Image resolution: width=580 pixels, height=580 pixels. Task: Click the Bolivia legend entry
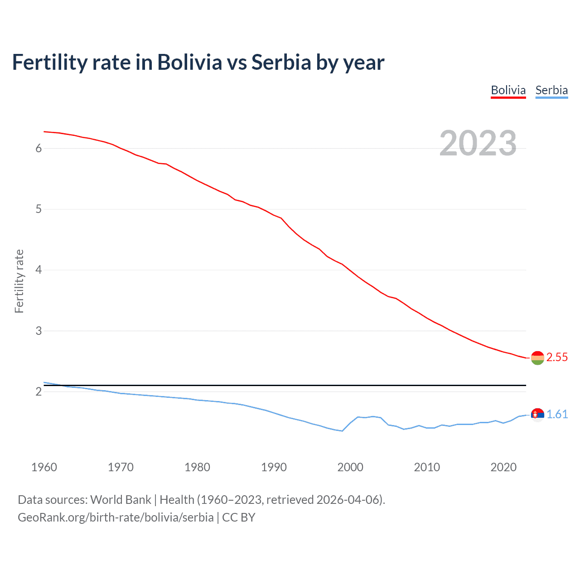[x=508, y=90]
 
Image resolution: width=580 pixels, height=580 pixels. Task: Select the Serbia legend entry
[x=551, y=90]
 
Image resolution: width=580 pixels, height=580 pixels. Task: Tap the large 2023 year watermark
[x=478, y=143]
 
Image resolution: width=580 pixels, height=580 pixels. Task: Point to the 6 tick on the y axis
[x=39, y=149]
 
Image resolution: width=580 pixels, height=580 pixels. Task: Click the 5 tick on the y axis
[x=39, y=209]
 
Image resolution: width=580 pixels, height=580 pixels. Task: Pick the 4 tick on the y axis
[x=39, y=270]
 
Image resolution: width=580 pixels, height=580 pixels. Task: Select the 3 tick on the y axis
[x=39, y=331]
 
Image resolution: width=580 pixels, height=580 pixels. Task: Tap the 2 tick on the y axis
[x=39, y=391]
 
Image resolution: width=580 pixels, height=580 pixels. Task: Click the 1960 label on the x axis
[x=44, y=467]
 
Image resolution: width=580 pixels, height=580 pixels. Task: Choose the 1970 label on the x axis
[x=121, y=467]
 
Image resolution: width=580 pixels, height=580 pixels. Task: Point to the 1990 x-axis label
[x=274, y=467]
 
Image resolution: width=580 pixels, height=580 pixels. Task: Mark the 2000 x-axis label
[x=350, y=467]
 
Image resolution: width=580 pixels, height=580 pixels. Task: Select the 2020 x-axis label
[x=503, y=467]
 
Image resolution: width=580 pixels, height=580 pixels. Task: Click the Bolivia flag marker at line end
[x=537, y=358]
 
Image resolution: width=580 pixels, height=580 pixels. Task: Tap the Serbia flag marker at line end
[x=537, y=415]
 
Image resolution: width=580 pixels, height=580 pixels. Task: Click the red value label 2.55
[x=557, y=358]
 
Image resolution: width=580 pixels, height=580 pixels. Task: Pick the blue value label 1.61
[x=557, y=415]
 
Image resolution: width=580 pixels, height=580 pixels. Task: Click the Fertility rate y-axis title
[x=19, y=281]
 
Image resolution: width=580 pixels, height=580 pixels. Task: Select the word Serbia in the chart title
[x=281, y=62]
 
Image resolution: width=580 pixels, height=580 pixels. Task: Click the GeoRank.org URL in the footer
[x=116, y=517]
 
